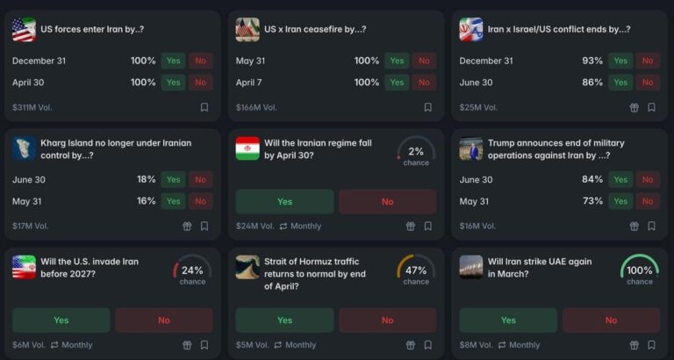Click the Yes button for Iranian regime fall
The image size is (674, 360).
[284, 201]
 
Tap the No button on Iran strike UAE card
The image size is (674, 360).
[611, 320]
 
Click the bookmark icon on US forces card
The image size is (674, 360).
[204, 107]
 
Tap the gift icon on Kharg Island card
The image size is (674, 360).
[186, 226]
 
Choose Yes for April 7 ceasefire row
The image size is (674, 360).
[398, 83]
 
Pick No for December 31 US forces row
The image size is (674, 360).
[201, 61]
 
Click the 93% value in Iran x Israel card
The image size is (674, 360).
[592, 61]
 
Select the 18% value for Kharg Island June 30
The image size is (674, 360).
[146, 179]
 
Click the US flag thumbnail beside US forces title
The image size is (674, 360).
[24, 30]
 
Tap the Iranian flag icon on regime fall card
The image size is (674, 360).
[247, 148]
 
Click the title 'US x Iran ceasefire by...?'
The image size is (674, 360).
[315, 29]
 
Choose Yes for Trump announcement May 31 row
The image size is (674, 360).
[621, 201]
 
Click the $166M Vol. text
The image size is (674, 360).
[256, 107]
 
